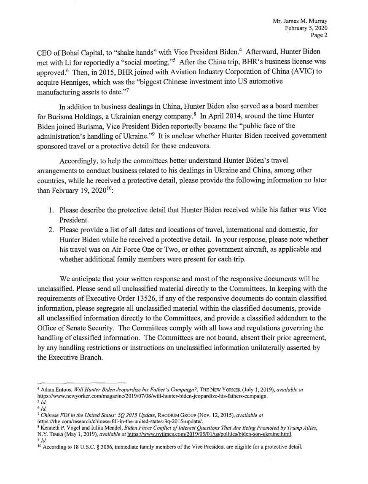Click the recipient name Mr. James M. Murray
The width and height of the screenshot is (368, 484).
301,21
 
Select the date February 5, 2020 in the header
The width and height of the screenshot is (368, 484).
307,28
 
